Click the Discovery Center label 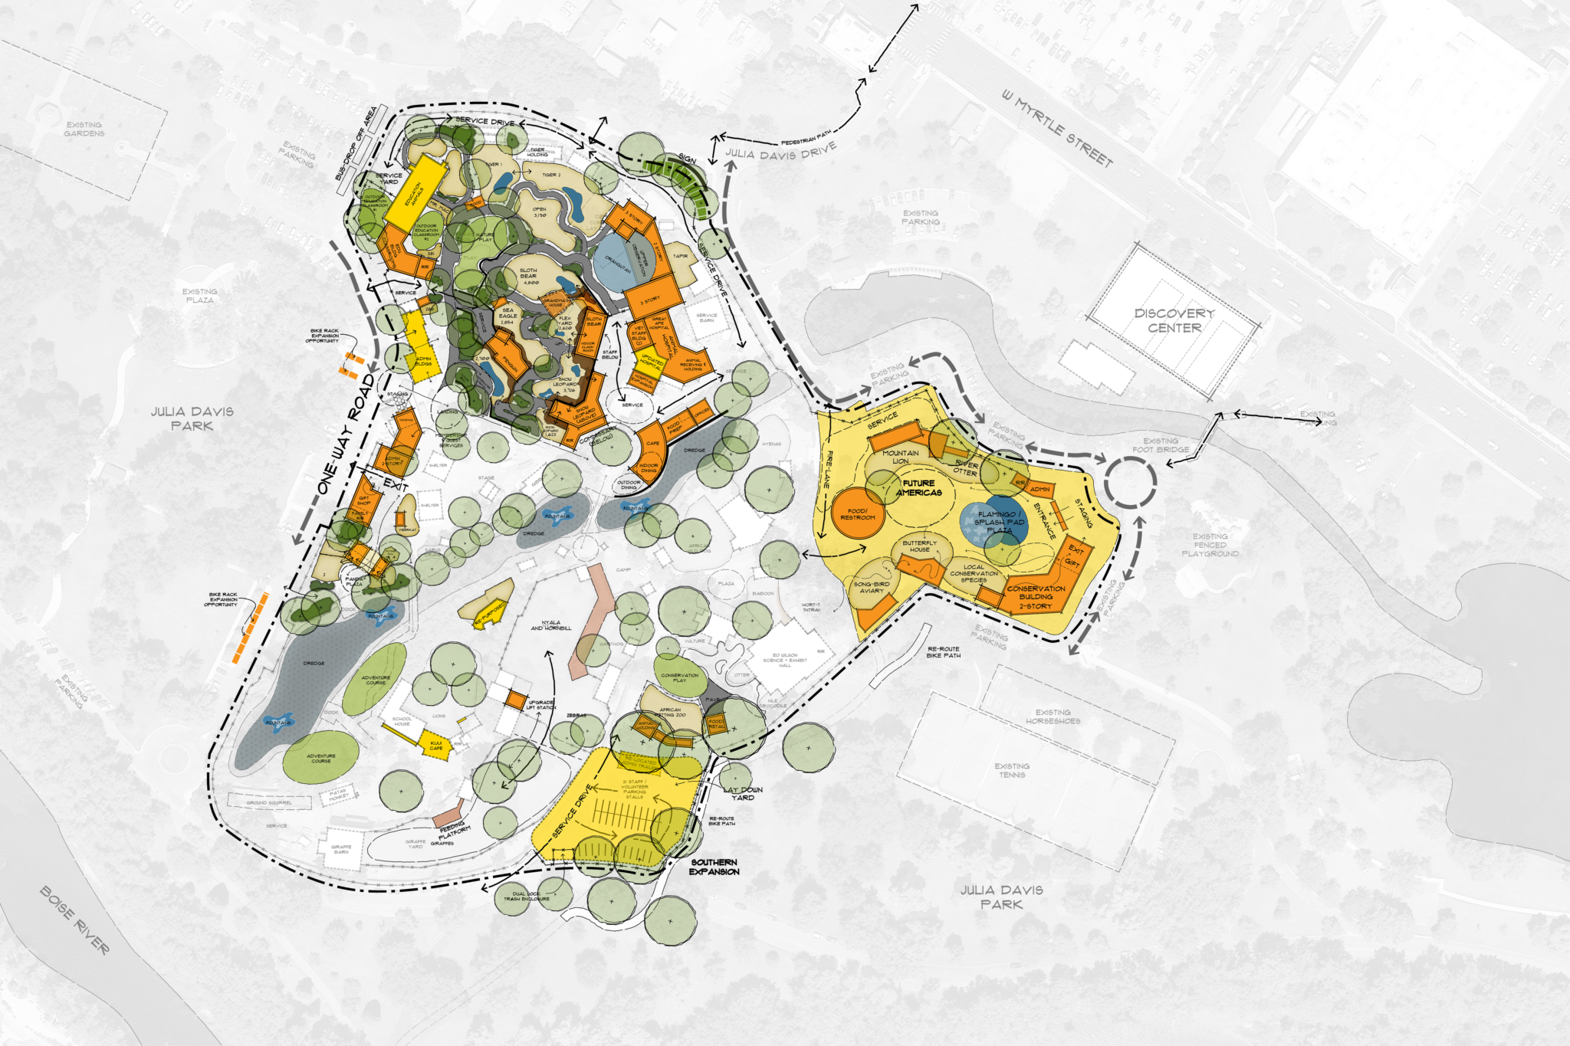1174,320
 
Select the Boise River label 74,920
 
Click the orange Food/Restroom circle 858,514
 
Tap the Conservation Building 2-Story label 1036,597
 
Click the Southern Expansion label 714,867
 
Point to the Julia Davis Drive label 780,152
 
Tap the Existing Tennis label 1012,770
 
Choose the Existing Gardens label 84,129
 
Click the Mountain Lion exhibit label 900,457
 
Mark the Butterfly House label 919,546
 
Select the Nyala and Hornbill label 550,625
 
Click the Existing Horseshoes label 1053,716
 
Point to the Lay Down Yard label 743,793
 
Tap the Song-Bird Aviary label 872,587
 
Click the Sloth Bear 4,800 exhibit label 528,276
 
